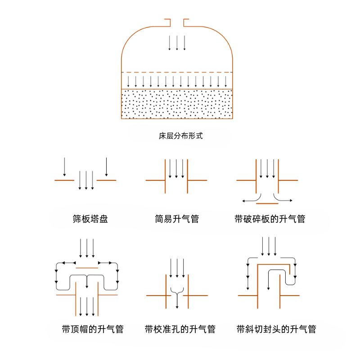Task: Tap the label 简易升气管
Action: pyautogui.click(x=177, y=219)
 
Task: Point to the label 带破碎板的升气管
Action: pyautogui.click(x=270, y=219)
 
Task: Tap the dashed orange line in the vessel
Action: pyautogui.click(x=177, y=72)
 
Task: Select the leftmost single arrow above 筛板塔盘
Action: pyautogui.click(x=64, y=166)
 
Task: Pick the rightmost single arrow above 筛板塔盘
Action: pyautogui.click(x=106, y=166)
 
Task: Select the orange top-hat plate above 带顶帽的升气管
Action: pyautogui.click(x=87, y=268)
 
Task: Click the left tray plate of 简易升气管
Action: pyautogui.click(x=156, y=180)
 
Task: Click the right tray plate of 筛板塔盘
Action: pyautogui.click(x=106, y=180)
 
